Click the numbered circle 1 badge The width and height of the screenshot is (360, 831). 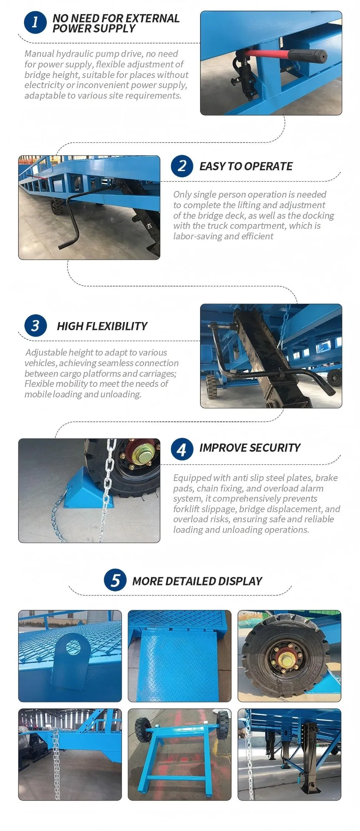pos(35,22)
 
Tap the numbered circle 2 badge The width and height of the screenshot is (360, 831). pos(182,166)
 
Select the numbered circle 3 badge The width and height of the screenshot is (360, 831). pos(35,326)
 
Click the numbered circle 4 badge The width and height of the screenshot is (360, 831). pos(182,449)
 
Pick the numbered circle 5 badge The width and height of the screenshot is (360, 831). pos(115,580)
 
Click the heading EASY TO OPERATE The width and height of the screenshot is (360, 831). pos(246,167)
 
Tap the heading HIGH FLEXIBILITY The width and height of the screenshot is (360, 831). pos(102,326)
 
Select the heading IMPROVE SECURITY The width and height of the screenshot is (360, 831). pos(250,448)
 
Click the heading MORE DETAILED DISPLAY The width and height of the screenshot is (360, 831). pos(197,581)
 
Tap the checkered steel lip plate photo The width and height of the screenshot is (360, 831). pos(179,656)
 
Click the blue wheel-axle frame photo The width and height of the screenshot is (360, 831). pos(179,754)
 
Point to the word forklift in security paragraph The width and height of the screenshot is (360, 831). pos(187,509)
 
